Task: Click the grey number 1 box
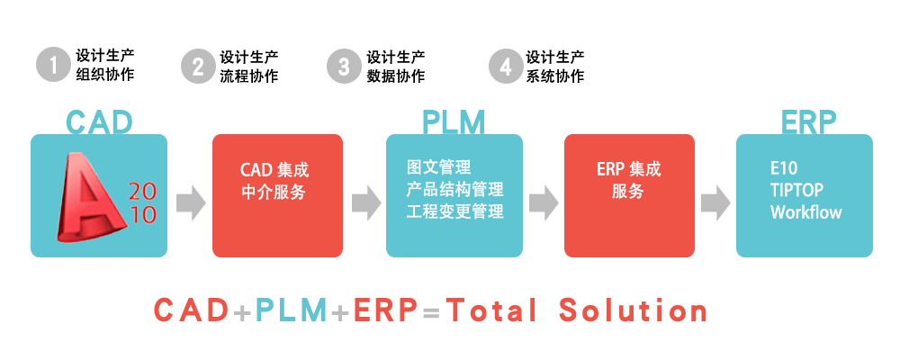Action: tap(53, 66)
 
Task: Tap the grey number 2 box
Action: tap(198, 66)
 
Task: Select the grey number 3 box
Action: tap(343, 66)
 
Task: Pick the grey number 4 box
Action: tap(505, 66)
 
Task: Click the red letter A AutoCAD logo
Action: tap(93, 198)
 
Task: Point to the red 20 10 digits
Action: tap(143, 202)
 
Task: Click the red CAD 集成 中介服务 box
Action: tap(276, 195)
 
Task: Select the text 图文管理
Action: tap(438, 168)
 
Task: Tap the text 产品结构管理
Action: tap(454, 190)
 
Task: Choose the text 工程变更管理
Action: tap(454, 212)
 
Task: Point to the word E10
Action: tap(784, 168)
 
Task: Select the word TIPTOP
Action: tap(796, 190)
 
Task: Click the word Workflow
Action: tap(805, 212)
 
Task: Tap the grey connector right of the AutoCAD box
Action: tap(193, 202)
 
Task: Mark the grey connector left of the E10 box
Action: tap(714, 202)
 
